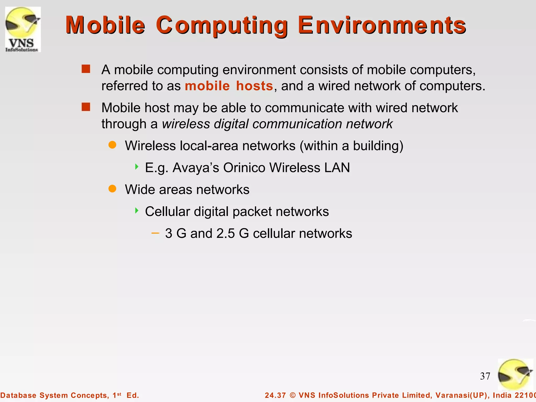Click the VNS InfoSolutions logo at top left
click(x=23, y=29)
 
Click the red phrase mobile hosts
click(x=229, y=86)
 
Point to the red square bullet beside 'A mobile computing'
click(x=86, y=69)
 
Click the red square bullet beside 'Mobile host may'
click(x=86, y=107)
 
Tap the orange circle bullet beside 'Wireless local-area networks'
click(x=112, y=145)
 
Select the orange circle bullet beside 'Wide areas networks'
click(x=112, y=188)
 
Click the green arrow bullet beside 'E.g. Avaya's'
click(x=137, y=167)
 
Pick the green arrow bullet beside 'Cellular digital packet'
click(x=137, y=210)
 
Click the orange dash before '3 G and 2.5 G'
click(x=155, y=233)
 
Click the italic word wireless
click(x=186, y=124)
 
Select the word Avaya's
click(x=196, y=167)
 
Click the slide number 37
click(x=485, y=376)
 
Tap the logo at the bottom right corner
click(x=515, y=375)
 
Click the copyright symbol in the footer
click(x=293, y=395)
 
